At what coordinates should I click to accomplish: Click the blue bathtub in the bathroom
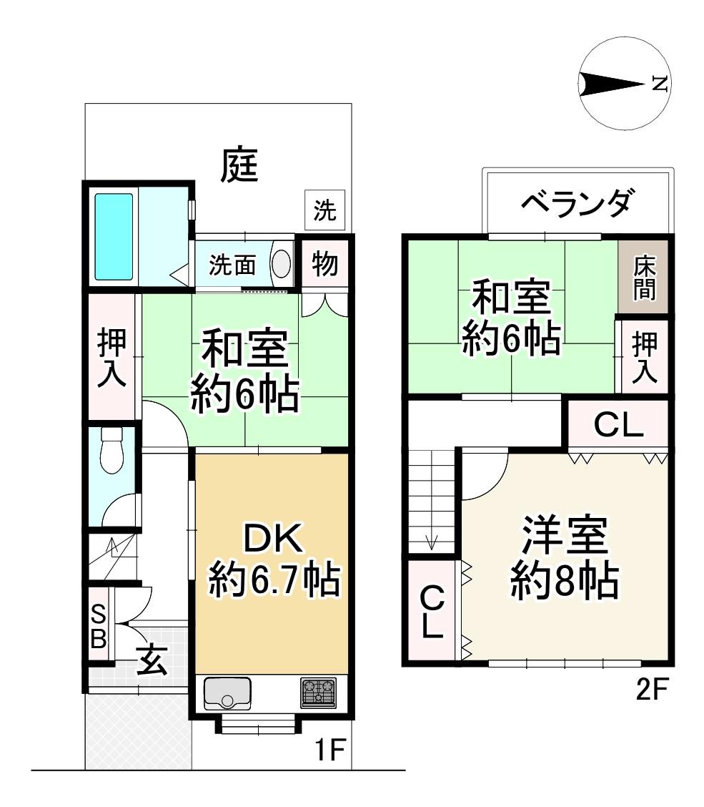point(114,237)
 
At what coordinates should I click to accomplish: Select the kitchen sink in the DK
point(227,693)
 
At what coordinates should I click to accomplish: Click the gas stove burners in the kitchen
point(318,693)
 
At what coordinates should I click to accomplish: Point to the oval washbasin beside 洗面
point(281,264)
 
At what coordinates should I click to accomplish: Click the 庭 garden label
point(239,165)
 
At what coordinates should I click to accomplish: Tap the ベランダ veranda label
point(576,202)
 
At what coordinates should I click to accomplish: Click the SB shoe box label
point(98,626)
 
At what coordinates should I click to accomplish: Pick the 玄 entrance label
point(152,660)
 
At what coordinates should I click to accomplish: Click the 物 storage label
point(324,264)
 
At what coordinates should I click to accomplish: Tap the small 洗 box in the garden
point(324,210)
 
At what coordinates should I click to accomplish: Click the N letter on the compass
point(660,84)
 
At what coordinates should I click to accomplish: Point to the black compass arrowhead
point(612,84)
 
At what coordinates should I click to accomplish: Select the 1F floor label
point(329,749)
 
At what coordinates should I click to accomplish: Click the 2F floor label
point(652,689)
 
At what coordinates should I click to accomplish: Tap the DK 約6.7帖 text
point(273,560)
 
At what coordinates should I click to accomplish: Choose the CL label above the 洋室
point(619,424)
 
